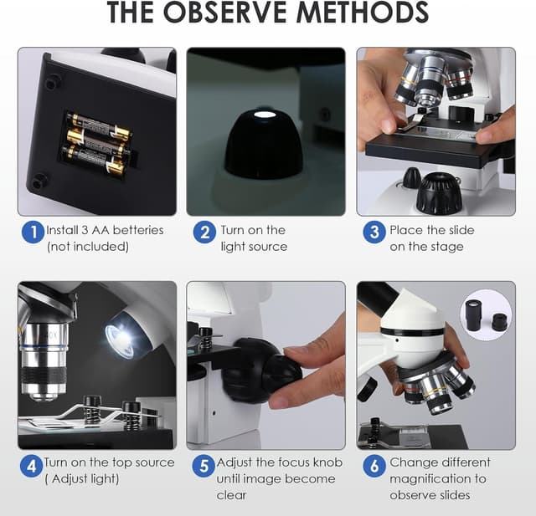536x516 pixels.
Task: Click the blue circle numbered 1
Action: click(x=33, y=232)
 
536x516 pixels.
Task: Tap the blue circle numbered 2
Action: click(x=204, y=232)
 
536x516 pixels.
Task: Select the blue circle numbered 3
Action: click(x=374, y=232)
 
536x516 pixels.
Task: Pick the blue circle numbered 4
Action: click(x=32, y=466)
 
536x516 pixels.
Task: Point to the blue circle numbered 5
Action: click(x=204, y=466)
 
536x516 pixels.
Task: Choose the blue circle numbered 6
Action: click(x=374, y=466)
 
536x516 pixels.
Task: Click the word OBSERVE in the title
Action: click(x=224, y=12)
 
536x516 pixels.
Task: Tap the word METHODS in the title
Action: click(x=363, y=12)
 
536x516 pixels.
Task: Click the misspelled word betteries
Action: click(x=138, y=230)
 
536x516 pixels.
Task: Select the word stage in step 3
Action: click(x=446, y=247)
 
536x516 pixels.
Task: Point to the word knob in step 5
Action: click(x=327, y=462)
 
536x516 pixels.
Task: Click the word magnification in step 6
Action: click(x=430, y=479)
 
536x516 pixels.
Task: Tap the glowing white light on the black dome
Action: click(x=263, y=115)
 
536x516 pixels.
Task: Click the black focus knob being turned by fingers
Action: click(x=262, y=370)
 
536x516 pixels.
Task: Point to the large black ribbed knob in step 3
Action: click(x=440, y=192)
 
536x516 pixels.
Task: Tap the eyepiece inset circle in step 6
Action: click(x=487, y=319)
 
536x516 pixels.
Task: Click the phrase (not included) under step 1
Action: click(x=88, y=247)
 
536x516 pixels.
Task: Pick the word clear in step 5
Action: click(x=231, y=495)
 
